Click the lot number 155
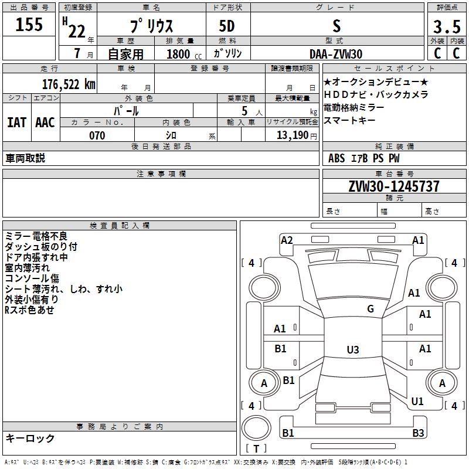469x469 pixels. click(x=29, y=25)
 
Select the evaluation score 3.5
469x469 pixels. click(x=446, y=27)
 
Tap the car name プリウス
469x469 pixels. click(x=151, y=27)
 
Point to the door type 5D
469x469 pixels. click(x=227, y=26)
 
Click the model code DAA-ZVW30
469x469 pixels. click(x=336, y=54)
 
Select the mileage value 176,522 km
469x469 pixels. click(x=69, y=84)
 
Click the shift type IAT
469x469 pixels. click(x=16, y=123)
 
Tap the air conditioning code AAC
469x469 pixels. click(x=45, y=123)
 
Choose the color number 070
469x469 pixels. click(x=97, y=135)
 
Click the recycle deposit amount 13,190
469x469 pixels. click(x=292, y=135)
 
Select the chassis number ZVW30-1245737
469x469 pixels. click(x=393, y=186)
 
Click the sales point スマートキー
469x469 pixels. click(x=349, y=121)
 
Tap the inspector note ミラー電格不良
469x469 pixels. click(x=36, y=236)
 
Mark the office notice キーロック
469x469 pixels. click(x=30, y=438)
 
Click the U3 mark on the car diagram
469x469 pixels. click(x=352, y=349)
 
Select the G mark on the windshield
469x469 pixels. click(x=371, y=309)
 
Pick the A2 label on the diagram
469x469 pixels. click(x=287, y=240)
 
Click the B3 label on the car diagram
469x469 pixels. click(x=418, y=433)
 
